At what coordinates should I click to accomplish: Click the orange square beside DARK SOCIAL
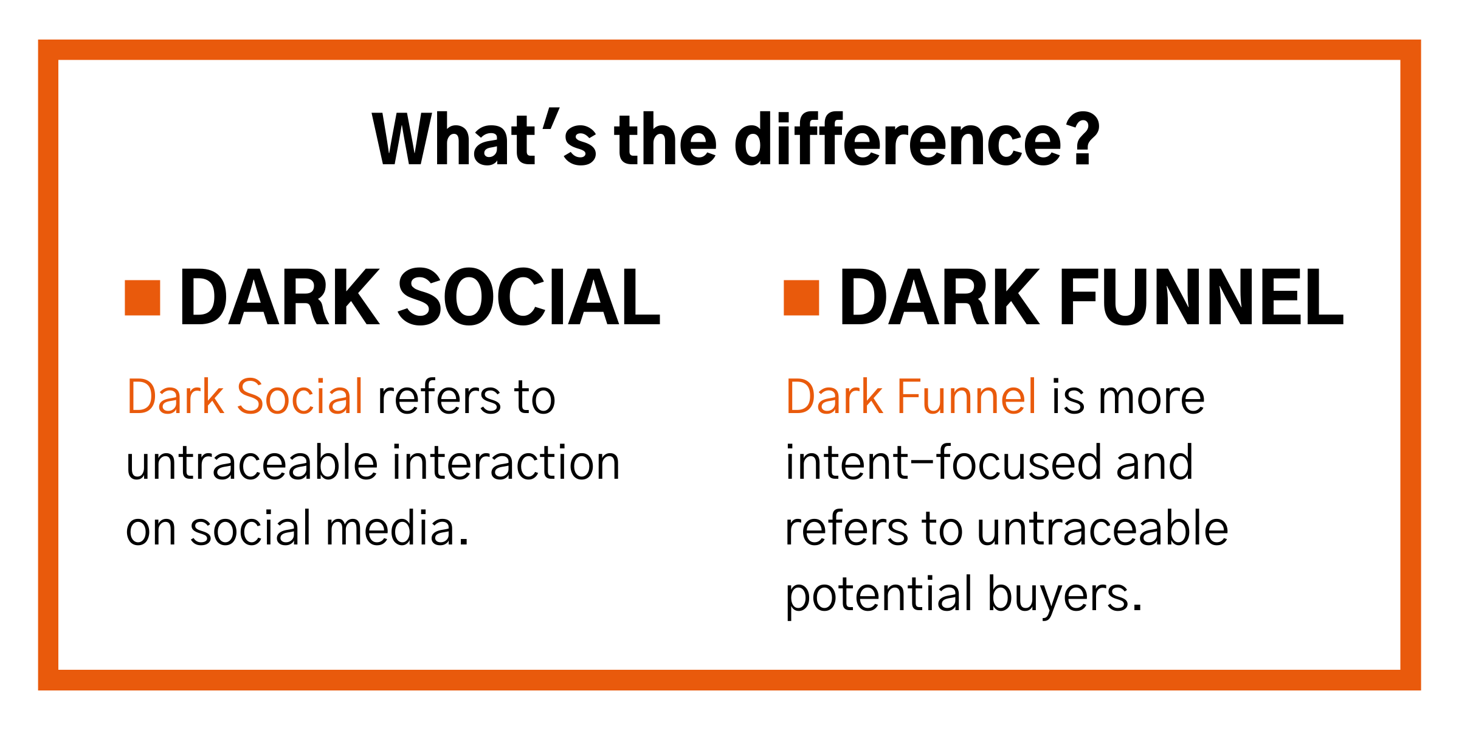tap(142, 297)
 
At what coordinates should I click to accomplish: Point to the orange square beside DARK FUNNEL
tap(801, 297)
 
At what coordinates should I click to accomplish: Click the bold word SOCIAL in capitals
tap(529, 298)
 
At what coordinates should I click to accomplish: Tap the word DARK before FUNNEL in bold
tap(939, 298)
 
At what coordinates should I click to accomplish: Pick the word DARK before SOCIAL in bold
tap(280, 298)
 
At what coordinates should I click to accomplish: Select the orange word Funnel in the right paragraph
tap(967, 397)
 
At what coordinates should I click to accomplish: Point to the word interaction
tap(506, 464)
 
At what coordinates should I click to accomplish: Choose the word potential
tap(879, 595)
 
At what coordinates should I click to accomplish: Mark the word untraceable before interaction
tap(252, 464)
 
